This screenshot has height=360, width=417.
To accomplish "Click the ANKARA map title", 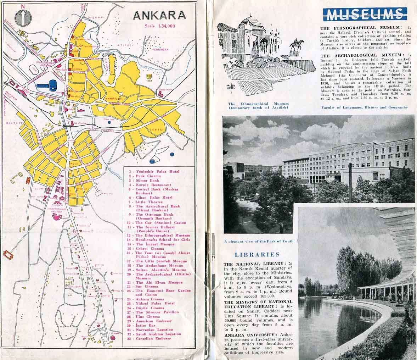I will [x=159, y=15].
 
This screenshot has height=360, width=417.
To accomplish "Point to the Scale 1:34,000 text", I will [x=160, y=26].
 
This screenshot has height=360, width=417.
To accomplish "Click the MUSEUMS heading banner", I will [x=365, y=15].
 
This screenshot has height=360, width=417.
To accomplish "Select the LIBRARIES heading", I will [x=257, y=254].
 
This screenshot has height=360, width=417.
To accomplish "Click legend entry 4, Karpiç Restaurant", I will [x=153, y=185].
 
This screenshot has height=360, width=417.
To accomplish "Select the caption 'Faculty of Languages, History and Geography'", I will [x=365, y=107].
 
